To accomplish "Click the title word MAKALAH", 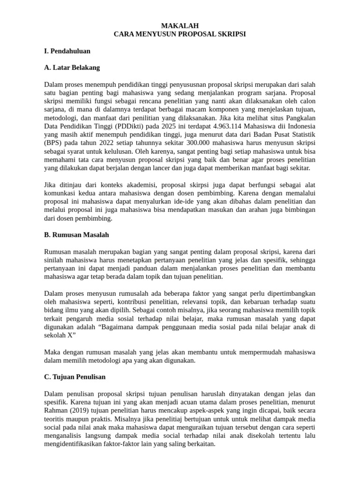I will coord(180,26).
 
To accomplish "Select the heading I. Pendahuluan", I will coord(67,51).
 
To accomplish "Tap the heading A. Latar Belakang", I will coord(72,67).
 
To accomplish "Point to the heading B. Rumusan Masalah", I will coord(76,234).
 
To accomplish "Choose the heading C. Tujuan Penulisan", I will coord(75,376).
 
